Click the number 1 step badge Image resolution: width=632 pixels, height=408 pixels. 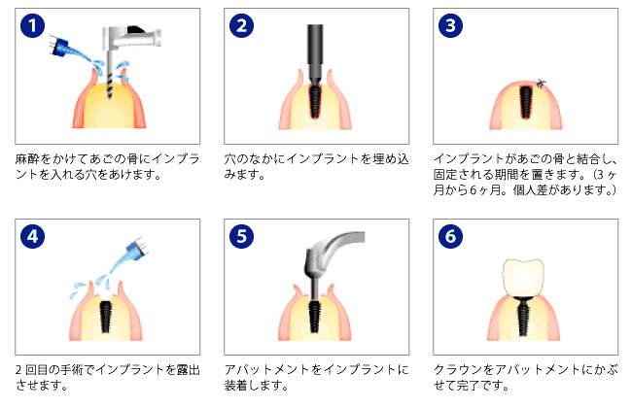point(33,25)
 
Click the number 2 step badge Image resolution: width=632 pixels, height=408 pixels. point(241,25)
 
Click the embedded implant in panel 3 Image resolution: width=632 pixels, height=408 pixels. point(526,101)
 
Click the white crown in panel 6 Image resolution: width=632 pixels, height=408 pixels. point(526,275)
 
